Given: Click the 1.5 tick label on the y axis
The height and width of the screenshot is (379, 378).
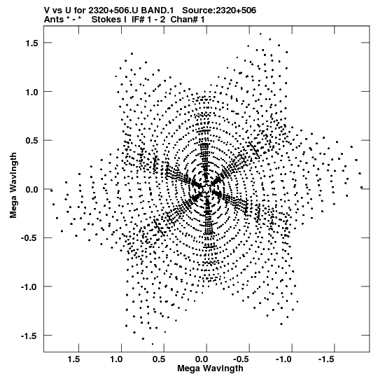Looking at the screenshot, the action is click(31, 43).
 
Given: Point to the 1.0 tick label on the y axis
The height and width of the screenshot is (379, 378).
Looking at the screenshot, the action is click(31, 92).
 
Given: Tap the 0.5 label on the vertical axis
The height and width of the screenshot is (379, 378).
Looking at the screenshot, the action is click(31, 141).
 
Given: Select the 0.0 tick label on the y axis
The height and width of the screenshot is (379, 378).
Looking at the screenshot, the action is click(31, 189).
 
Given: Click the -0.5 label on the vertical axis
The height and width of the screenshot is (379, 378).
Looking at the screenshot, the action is click(29, 238).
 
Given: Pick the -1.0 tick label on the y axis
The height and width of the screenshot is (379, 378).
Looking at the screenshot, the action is click(29, 287).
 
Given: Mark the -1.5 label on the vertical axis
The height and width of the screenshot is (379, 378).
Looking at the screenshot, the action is click(29, 336).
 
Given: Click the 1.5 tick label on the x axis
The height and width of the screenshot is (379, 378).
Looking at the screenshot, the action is click(73, 359).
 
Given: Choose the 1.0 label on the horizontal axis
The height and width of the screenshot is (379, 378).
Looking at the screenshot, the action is click(116, 359).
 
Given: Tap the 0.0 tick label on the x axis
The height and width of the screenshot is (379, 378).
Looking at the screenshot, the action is click(202, 359).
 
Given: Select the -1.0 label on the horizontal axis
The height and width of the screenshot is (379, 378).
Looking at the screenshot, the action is click(284, 359).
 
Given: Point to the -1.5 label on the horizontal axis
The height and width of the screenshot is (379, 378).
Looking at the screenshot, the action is click(327, 359).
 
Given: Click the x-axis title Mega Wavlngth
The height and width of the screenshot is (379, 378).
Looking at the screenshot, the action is click(210, 368).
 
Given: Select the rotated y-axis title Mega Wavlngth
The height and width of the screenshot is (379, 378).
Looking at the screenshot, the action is click(13, 186).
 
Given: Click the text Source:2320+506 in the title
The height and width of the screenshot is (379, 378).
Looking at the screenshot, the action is click(219, 11).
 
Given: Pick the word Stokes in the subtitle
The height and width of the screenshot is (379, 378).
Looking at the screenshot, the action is click(106, 20).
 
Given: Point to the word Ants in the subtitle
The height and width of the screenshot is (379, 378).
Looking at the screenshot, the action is click(54, 20).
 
